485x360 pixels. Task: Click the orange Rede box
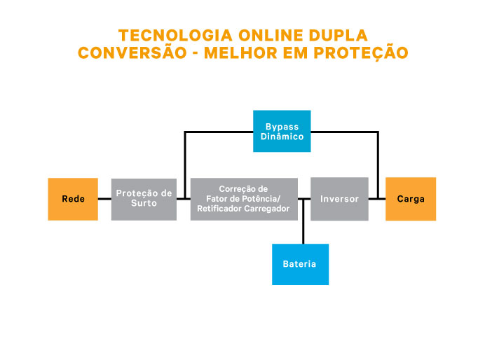73,199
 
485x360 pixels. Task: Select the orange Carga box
411,199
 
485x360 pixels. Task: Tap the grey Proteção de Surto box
144,199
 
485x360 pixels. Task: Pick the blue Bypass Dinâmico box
282,131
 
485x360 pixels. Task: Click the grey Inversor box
339,199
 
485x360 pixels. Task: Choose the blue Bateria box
300,264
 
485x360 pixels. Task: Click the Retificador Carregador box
244,199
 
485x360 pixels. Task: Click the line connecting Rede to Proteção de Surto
104,199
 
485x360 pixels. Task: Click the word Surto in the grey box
144,204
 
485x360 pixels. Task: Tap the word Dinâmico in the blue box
282,137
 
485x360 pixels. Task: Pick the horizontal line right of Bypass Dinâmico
344,132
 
